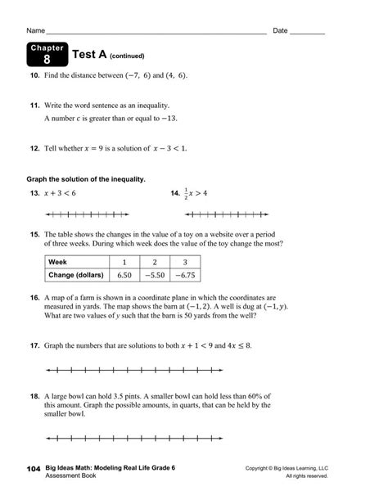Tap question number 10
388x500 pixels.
[34, 75]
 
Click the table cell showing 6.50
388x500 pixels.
[125, 276]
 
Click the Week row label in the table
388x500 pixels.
[57, 262]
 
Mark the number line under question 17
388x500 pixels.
[178, 370]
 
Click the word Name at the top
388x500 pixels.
[35, 30]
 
